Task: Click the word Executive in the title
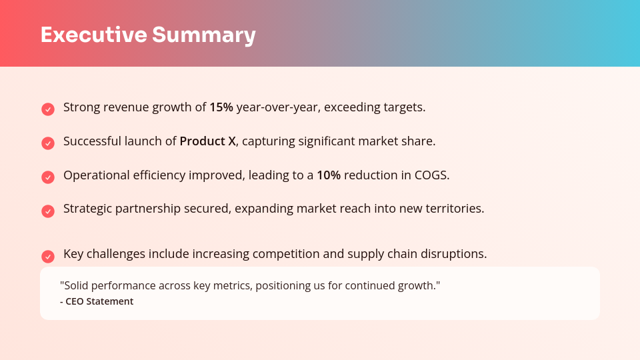[x=93, y=35]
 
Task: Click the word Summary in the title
[x=203, y=35]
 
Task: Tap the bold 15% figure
[x=221, y=107]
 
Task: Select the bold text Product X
[x=207, y=141]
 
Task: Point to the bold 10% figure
[x=329, y=175]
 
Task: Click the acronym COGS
[x=433, y=175]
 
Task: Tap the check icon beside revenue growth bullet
[x=48, y=109]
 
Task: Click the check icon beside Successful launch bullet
[x=48, y=143]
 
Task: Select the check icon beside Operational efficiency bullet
[x=48, y=177]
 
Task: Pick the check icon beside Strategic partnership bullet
[x=48, y=211]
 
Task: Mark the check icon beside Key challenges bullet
[x=48, y=257]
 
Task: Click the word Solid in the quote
[x=75, y=285]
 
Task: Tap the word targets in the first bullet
[x=405, y=107]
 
